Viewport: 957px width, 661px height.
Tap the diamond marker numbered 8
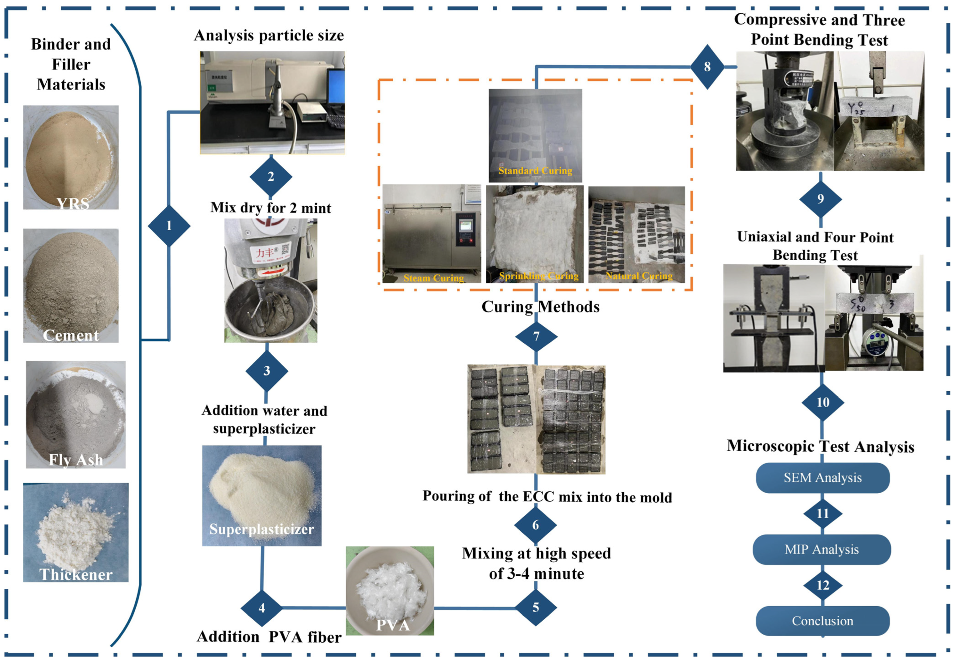click(707, 67)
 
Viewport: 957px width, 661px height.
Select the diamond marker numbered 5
click(535, 608)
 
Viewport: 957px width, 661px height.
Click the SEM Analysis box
click(822, 478)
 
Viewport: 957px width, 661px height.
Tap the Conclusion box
click(822, 621)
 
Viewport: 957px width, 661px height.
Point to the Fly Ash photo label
click(76, 460)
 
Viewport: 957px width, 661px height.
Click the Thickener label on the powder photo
click(76, 574)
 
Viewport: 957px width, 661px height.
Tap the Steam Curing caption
click(434, 278)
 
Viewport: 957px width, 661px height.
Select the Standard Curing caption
click(535, 171)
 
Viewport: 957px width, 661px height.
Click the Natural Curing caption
click(639, 276)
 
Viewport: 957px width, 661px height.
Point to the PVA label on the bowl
click(393, 625)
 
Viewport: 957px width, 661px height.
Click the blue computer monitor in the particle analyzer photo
click(336, 87)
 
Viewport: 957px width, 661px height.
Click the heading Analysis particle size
click(269, 36)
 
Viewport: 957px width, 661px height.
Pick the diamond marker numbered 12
click(822, 585)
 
